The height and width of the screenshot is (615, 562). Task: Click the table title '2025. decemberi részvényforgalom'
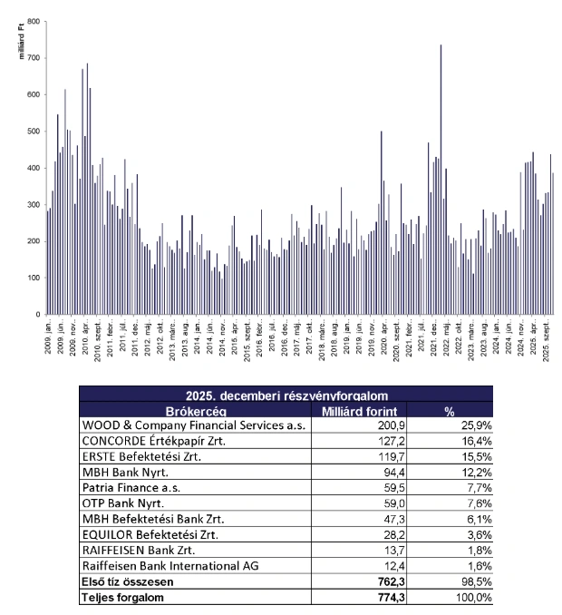(286, 395)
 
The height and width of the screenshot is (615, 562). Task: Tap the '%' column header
(448, 410)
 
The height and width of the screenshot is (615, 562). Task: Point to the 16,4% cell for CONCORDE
(475, 440)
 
